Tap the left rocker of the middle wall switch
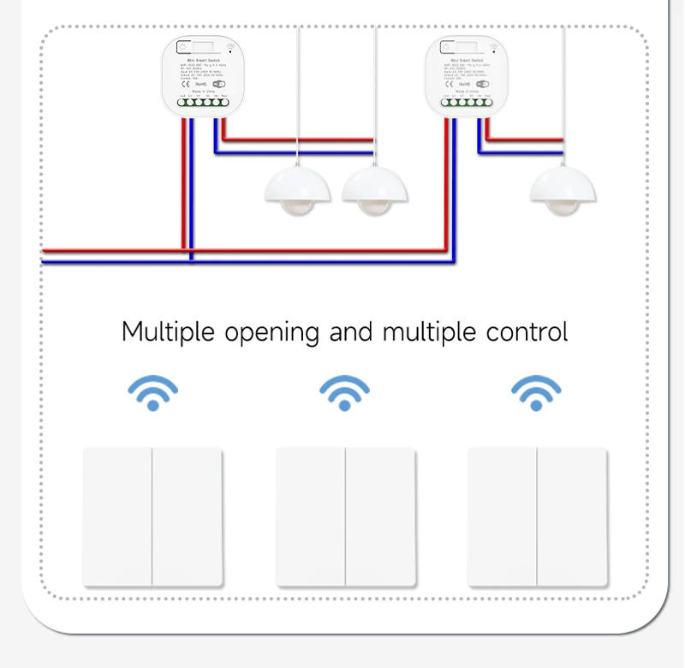point(311,516)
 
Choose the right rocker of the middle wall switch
point(381,516)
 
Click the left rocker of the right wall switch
point(503,516)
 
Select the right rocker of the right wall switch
point(573,516)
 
